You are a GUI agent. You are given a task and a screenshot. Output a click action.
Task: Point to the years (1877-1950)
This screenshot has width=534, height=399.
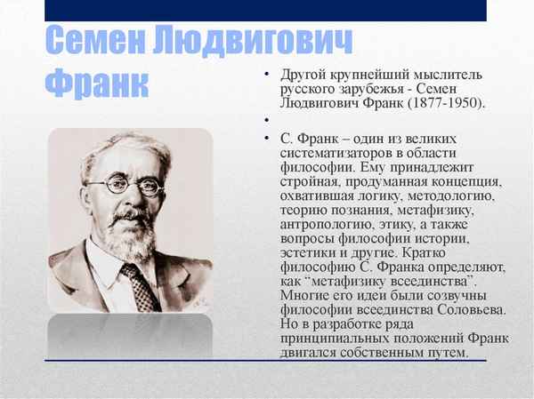(446, 103)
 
